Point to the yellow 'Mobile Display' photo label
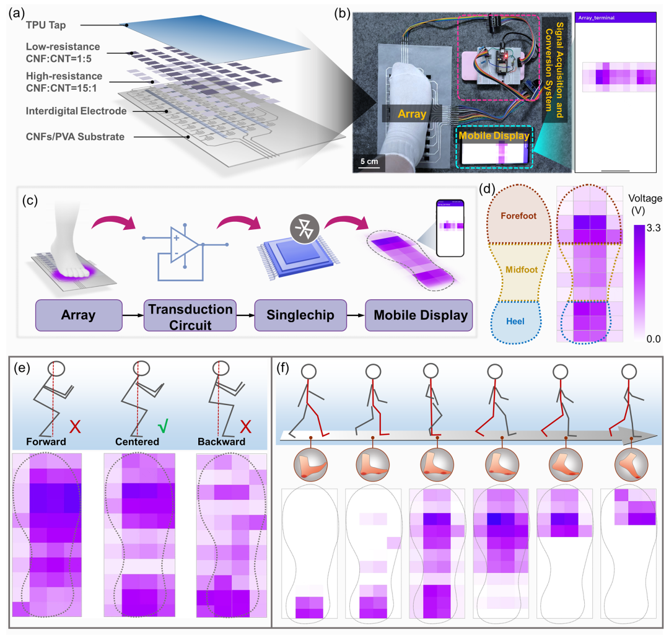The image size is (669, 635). click(x=494, y=136)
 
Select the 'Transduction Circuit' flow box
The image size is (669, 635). click(x=188, y=315)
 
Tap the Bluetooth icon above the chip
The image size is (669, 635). click(x=287, y=229)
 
